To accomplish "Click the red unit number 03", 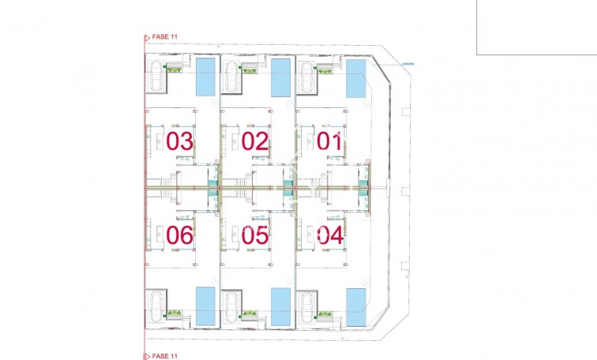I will tap(180, 142).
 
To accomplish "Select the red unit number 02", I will tap(256, 142).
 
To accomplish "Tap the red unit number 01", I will tap(330, 142).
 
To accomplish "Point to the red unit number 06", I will tap(180, 234).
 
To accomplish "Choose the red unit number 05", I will tap(256, 234).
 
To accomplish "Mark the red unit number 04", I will tap(330, 234).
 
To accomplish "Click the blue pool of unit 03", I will tap(205, 77).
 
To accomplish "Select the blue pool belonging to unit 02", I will tap(280, 77).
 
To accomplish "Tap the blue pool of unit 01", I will tap(355, 77).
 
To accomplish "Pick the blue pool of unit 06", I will tap(205, 306).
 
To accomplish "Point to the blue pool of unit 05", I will tap(280, 306).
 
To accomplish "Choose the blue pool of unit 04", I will tap(355, 306).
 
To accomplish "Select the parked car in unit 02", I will tap(231, 77).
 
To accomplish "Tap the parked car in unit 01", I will tap(306, 77).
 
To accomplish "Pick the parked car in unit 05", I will tap(231, 306).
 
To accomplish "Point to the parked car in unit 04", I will tap(306, 306).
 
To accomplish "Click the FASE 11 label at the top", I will tap(164, 36).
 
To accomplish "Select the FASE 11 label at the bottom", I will tap(164, 356).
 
